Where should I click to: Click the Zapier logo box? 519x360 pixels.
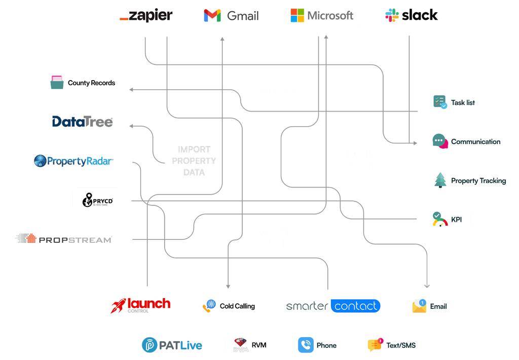146,15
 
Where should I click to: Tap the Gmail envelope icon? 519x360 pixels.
212,16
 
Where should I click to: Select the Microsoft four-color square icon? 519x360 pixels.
297,15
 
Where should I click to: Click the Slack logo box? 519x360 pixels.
411,15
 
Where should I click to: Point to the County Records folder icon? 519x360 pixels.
57,83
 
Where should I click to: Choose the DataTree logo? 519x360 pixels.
83,122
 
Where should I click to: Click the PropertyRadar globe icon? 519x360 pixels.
40,161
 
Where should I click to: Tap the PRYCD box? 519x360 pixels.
98,200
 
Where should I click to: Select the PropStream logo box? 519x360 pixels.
63,239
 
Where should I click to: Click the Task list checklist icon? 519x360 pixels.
439,102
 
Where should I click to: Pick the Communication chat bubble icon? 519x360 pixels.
439,141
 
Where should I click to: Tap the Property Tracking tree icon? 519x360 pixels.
440,181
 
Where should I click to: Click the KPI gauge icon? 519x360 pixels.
439,220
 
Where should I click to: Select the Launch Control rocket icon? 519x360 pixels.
118,306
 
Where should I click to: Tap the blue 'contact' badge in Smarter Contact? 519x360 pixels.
355,306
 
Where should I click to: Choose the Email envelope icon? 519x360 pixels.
419,306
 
